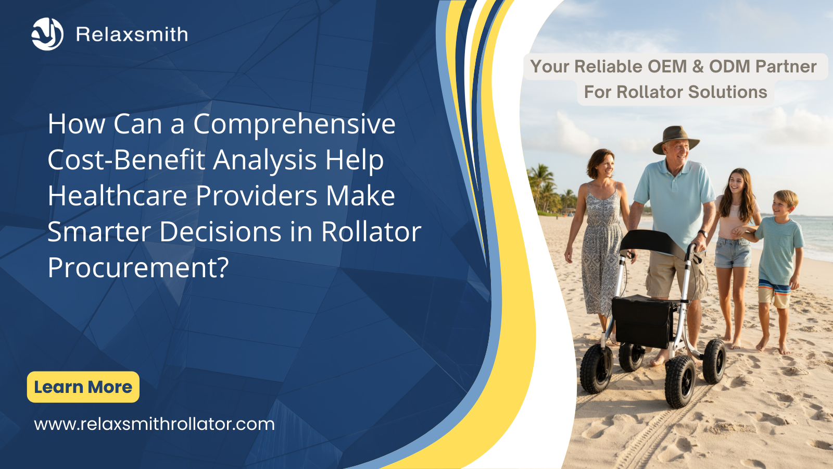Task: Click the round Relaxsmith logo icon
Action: [47, 34]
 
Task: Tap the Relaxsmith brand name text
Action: [132, 34]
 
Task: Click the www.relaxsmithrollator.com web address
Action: [154, 424]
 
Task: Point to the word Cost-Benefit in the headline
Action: [127, 159]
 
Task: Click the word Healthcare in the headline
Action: [117, 195]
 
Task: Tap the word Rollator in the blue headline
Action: [371, 231]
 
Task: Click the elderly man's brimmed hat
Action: [675, 139]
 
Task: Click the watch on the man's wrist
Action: [702, 233]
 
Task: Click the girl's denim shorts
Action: [733, 252]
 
